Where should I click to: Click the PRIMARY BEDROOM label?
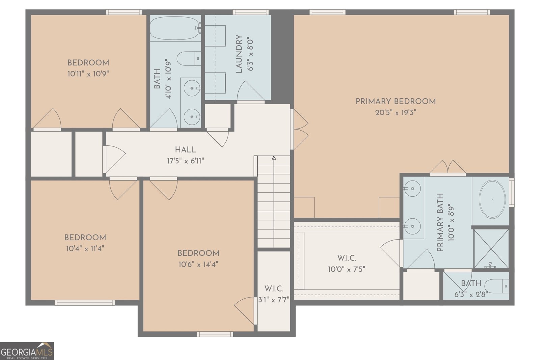(396, 102)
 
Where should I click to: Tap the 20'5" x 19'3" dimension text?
(396, 113)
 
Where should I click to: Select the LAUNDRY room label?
(239, 54)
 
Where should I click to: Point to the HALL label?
(185, 150)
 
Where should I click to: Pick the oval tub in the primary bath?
(492, 199)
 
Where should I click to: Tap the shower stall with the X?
(491, 249)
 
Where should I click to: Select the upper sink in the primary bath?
(412, 188)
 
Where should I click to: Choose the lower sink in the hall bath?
(192, 117)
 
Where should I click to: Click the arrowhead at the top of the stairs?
(274, 158)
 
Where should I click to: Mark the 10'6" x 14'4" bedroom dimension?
(198, 265)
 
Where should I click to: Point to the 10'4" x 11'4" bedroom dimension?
(85, 248)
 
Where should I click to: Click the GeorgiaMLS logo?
(27, 351)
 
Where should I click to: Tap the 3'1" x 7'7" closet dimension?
(274, 300)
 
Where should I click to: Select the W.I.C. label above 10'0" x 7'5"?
(347, 258)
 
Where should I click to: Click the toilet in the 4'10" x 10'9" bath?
(189, 58)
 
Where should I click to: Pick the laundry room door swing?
(251, 91)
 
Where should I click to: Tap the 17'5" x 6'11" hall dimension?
(186, 161)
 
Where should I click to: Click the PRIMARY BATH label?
(440, 222)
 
